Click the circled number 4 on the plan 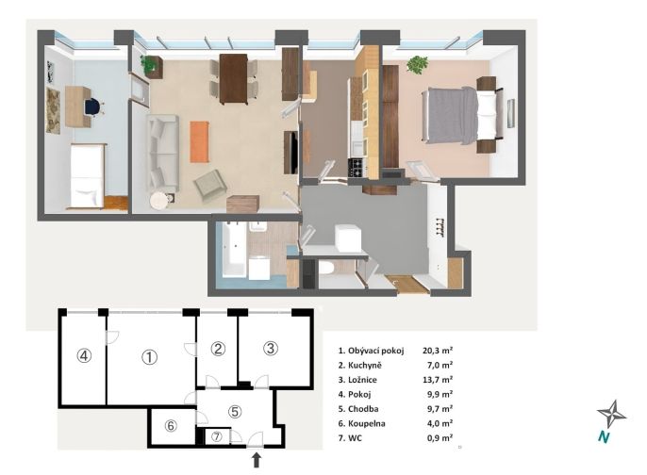[84, 355]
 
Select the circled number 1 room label [149, 357]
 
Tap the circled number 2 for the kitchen [218, 349]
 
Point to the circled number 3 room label [271, 349]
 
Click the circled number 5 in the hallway [235, 412]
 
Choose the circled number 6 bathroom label [171, 426]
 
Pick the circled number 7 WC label [217, 436]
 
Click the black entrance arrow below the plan [257, 460]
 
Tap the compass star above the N [612, 414]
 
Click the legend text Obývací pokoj [376, 351]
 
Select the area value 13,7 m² [438, 380]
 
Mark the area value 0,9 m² [440, 438]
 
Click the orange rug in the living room [199, 141]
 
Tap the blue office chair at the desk [94, 106]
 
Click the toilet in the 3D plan [326, 268]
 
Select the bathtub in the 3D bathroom [234, 249]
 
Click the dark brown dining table [234, 79]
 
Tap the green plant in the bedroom [417, 64]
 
